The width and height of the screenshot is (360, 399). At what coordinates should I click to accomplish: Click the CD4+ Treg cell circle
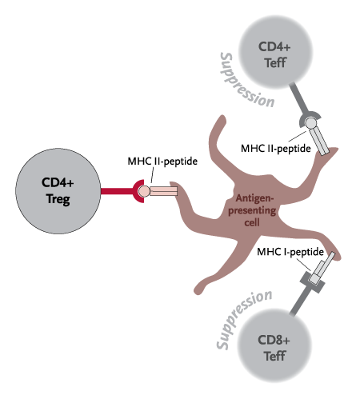pyautogui.click(x=58, y=191)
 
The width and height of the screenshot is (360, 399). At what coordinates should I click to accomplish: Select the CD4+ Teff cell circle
pyautogui.click(x=275, y=52)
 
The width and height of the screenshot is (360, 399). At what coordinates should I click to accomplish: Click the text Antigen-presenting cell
pyautogui.click(x=251, y=210)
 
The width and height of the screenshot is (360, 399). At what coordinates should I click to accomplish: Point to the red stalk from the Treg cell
pyautogui.click(x=118, y=191)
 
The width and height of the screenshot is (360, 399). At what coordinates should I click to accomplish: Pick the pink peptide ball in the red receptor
pyautogui.click(x=144, y=191)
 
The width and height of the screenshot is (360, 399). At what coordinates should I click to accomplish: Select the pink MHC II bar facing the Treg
pyautogui.click(x=163, y=191)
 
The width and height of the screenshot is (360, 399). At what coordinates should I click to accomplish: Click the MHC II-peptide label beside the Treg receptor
pyautogui.click(x=162, y=162)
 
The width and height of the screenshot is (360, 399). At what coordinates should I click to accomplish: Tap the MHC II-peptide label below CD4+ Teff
pyautogui.click(x=276, y=149)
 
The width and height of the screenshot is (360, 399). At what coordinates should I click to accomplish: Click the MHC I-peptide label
pyautogui.click(x=290, y=252)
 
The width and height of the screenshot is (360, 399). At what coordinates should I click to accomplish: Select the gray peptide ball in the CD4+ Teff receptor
pyautogui.click(x=310, y=123)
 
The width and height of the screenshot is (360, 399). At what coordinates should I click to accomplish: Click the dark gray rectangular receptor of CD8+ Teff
pyautogui.click(x=312, y=282)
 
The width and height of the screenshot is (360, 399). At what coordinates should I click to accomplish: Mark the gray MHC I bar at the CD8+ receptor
pyautogui.click(x=322, y=268)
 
